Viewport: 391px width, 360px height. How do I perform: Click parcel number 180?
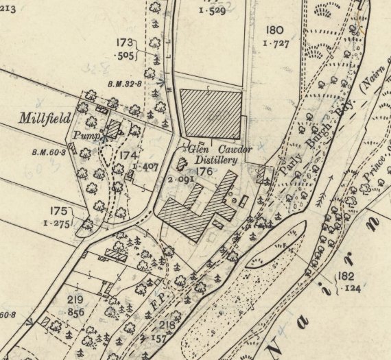[x=274, y=29]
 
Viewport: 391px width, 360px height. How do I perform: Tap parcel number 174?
[x=128, y=156]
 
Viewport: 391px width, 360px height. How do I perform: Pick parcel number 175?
[x=59, y=211]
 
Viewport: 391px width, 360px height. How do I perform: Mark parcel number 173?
[x=124, y=43]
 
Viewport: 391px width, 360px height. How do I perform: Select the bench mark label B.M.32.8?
[x=124, y=84]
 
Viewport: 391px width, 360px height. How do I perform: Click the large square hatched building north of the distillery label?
[x=210, y=112]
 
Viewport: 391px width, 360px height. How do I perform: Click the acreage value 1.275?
[x=58, y=224]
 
